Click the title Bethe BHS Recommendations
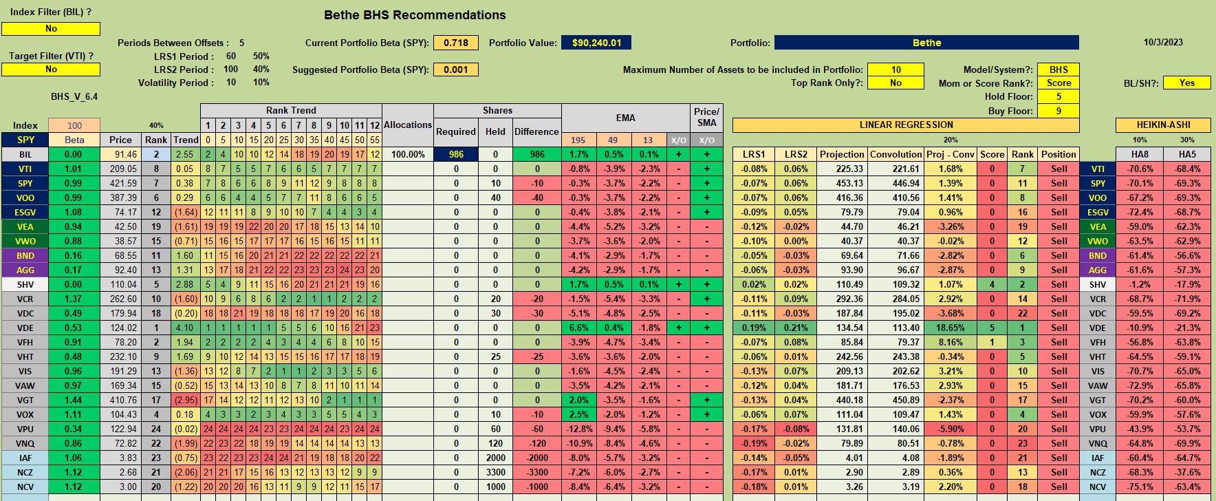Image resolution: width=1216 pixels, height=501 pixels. pos(415,15)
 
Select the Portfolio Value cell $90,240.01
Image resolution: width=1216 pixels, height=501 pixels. pos(596,43)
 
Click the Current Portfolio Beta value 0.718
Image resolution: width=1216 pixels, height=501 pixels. pos(455,43)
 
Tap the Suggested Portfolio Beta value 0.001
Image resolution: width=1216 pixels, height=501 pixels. pos(455,70)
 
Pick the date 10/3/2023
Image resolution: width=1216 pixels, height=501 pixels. pos(1163,42)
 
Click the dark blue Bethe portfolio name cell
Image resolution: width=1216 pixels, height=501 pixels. pos(926,43)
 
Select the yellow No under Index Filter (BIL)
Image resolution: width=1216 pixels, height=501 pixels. pos(51,29)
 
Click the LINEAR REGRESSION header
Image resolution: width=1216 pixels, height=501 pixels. pos(906,125)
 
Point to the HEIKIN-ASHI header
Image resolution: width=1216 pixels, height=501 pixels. pos(1163,125)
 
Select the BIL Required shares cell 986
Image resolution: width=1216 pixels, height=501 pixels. pos(456,155)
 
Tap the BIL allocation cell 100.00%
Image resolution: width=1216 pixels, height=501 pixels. pos(408,155)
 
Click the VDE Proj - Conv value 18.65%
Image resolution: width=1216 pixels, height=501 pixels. pos(950,328)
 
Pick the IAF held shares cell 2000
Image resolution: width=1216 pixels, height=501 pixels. pos(495,458)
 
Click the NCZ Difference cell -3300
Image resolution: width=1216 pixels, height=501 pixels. pos(537,473)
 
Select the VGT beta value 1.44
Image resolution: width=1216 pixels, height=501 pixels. pos(74,401)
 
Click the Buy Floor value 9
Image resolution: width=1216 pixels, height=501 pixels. pos(1058,111)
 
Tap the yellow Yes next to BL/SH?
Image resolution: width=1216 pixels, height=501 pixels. pos(1186,83)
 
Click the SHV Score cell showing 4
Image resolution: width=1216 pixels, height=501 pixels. pos(992,285)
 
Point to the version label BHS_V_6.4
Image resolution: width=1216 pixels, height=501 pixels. pos(74,97)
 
